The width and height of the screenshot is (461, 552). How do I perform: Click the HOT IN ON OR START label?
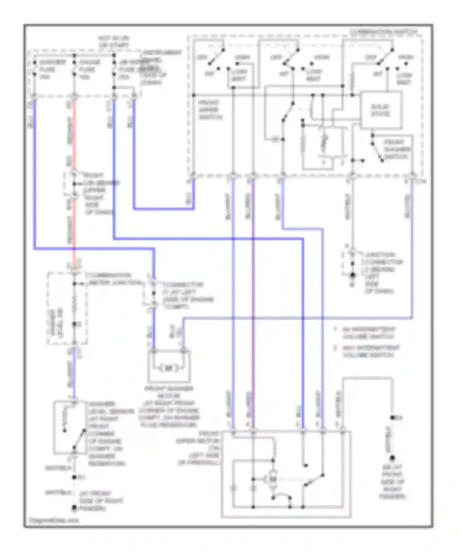pos(114,42)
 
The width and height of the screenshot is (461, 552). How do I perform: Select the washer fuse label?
pos(52,69)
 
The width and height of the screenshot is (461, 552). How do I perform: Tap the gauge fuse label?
pos(89,69)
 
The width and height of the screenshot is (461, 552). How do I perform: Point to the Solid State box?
pos(381,110)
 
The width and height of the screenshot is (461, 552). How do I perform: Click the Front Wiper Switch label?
pos(211,110)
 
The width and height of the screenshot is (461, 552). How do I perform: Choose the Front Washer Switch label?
pos(396,149)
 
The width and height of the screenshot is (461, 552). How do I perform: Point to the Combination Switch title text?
pos(384,32)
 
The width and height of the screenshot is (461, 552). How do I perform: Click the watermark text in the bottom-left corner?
pos(54,520)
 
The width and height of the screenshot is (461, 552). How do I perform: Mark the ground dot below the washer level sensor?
pos(74,509)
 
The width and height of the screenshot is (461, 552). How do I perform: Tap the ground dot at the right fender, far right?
pos(392,459)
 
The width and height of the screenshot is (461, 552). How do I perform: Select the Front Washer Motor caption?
pos(169,407)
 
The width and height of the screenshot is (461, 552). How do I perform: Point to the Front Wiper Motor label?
pos(199,448)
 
